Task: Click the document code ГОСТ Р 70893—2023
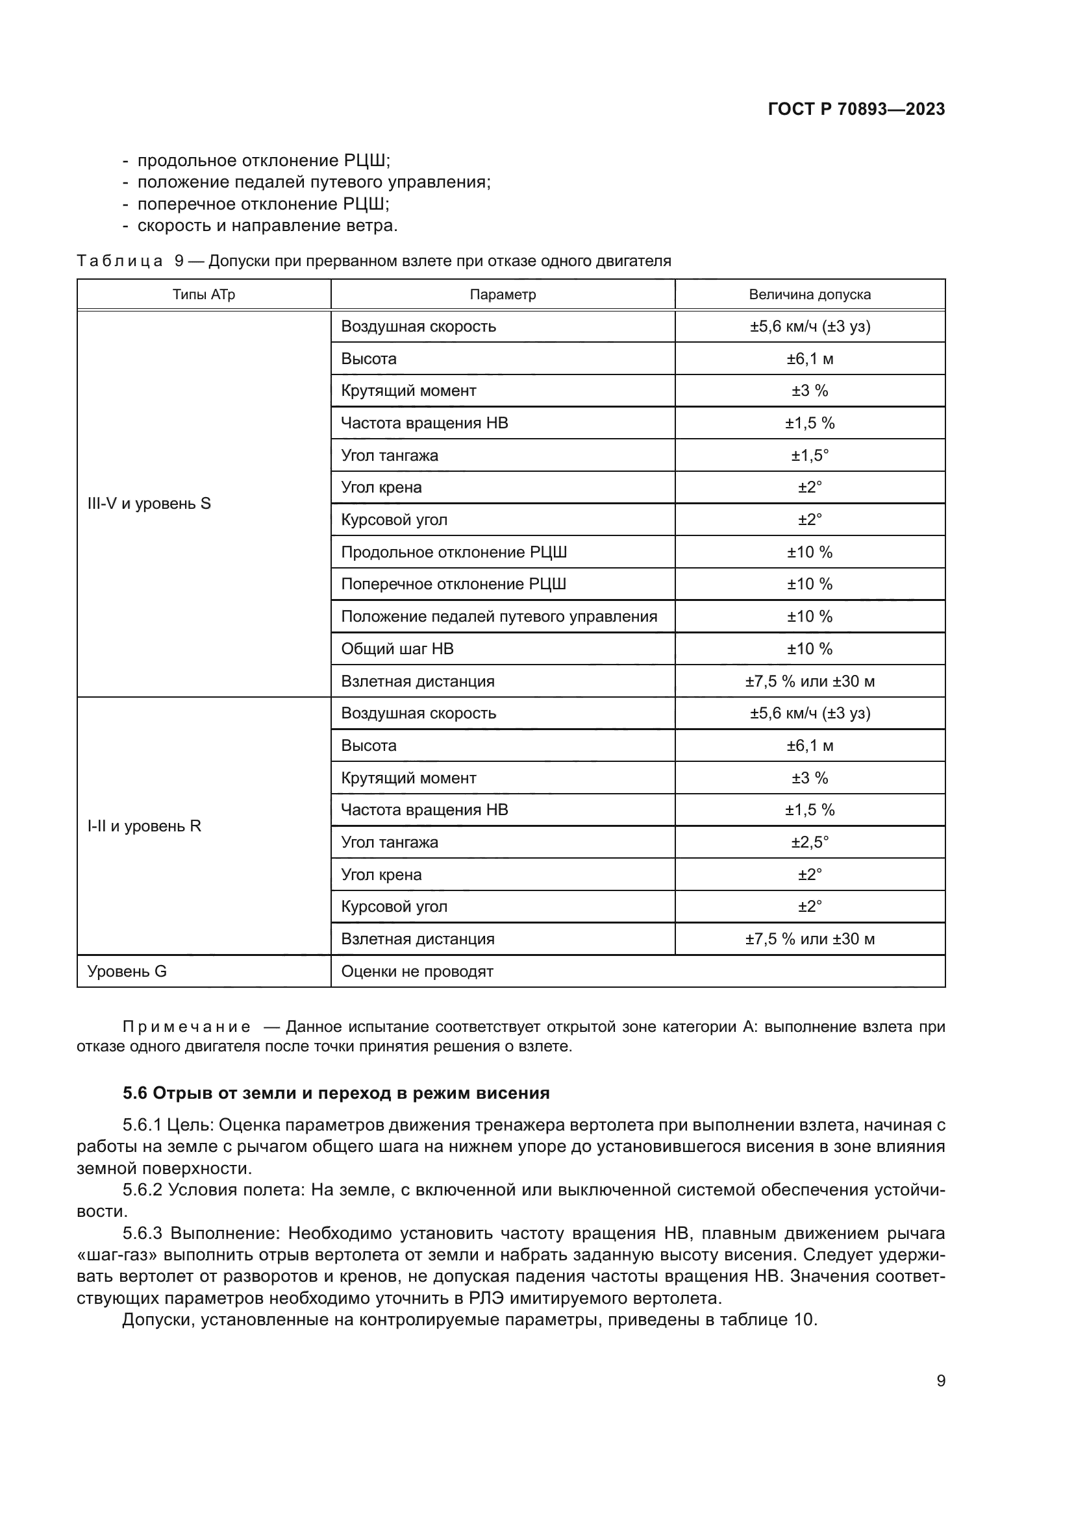tap(856, 109)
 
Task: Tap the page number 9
tap(940, 1380)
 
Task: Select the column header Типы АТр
tap(204, 295)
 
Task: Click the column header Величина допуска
tap(810, 295)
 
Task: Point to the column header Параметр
tap(503, 295)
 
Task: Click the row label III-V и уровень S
tap(149, 504)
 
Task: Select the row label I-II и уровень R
tap(144, 826)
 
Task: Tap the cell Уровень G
tap(127, 972)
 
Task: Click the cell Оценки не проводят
tap(418, 972)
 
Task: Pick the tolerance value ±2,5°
tap(810, 842)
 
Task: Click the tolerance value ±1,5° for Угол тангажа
tap(810, 456)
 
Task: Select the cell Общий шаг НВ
tap(397, 649)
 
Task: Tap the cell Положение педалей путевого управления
tap(499, 617)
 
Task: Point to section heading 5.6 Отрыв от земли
tap(336, 1093)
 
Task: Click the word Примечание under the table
tap(186, 1027)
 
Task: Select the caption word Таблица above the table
tap(119, 261)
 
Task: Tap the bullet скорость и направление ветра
tap(267, 225)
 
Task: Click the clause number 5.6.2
tap(142, 1190)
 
